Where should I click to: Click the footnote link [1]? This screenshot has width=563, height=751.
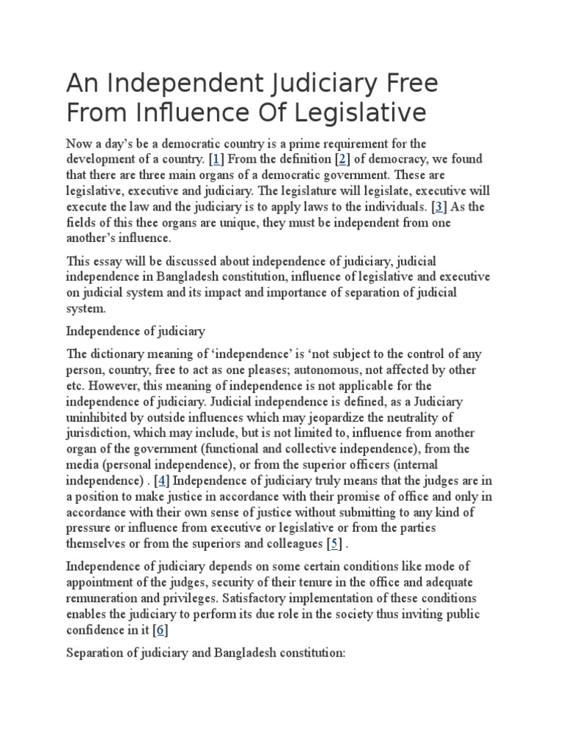click(217, 160)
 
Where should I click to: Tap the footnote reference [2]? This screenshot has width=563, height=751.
click(342, 160)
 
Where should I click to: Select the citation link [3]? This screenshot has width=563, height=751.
click(439, 207)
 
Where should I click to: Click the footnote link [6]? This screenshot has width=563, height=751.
click(160, 631)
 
